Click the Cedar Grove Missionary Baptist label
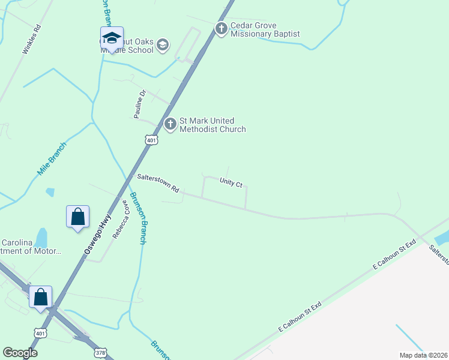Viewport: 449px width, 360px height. pos(265,29)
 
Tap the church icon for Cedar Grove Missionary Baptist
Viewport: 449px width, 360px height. pos(221,29)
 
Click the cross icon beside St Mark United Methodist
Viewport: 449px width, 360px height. pos(170,124)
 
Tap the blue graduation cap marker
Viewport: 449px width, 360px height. pos(112,38)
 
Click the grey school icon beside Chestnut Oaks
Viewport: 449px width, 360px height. pos(162,45)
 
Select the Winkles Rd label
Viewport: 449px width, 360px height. pos(31,40)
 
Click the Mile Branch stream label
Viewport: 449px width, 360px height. pos(52,159)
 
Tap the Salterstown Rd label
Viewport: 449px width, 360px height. pos(158,182)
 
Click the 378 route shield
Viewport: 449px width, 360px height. pos(100,352)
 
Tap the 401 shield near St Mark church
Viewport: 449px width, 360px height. pos(151,140)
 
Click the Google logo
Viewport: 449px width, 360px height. pos(20,353)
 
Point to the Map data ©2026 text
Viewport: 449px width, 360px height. pos(423,355)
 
